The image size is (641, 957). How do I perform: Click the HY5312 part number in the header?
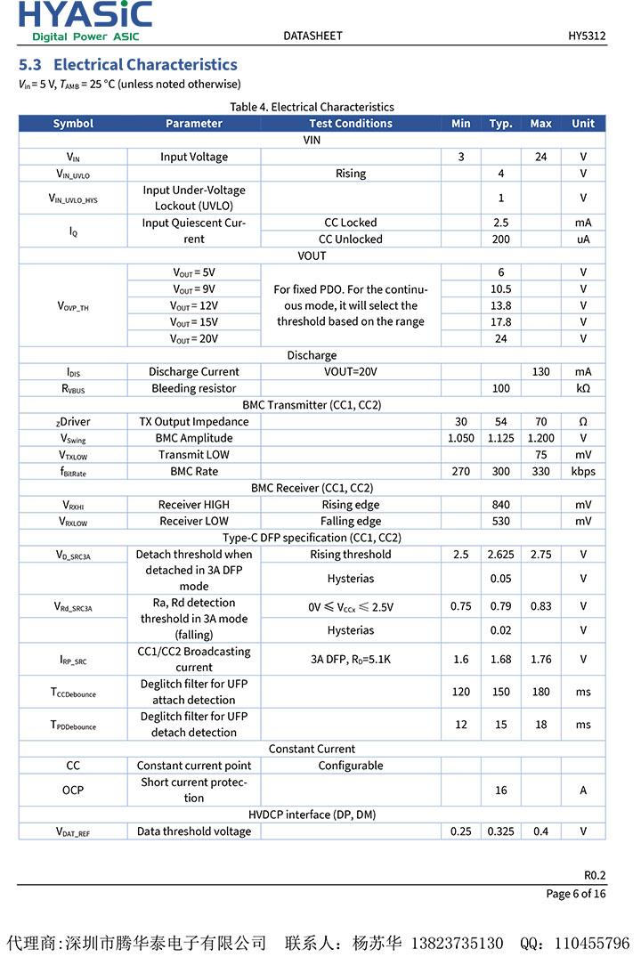click(x=587, y=36)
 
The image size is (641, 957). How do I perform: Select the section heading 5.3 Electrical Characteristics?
click(x=128, y=65)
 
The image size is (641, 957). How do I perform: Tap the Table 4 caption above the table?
click(x=312, y=107)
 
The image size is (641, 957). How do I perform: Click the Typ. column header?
click(x=501, y=124)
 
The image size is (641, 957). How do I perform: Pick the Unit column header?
click(x=583, y=124)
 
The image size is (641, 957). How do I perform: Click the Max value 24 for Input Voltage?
click(x=540, y=157)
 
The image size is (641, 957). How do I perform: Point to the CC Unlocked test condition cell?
click(x=351, y=239)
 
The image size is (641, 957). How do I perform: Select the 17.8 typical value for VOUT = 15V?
click(x=501, y=322)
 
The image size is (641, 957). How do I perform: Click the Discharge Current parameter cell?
click(x=194, y=372)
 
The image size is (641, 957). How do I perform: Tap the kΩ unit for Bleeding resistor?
click(x=583, y=389)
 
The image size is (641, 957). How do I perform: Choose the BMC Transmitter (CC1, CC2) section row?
click(x=312, y=405)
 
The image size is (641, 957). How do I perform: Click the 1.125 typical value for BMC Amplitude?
click(x=501, y=438)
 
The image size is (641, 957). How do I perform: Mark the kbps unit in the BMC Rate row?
click(x=583, y=472)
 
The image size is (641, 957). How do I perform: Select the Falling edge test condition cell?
click(x=351, y=522)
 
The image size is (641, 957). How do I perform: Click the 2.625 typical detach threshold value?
click(x=501, y=555)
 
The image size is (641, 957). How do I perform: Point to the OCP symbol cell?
click(x=73, y=791)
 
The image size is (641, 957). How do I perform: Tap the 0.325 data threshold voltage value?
click(x=501, y=831)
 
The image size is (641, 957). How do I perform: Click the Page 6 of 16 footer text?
click(x=576, y=894)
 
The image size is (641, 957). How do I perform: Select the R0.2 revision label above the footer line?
click(x=595, y=874)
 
